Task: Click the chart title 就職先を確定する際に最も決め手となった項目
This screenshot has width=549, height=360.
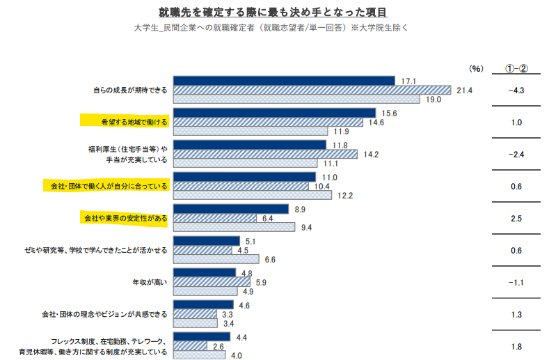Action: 273,12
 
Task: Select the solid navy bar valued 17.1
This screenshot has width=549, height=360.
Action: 283,81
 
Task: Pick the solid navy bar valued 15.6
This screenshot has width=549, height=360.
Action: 274,113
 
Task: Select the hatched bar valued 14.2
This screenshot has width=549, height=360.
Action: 265,154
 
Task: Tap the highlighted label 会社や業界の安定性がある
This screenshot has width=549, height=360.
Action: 125,218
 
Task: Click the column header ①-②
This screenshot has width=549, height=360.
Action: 516,68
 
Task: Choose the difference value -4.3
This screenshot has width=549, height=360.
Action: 516,91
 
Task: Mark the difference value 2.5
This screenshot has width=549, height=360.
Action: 516,219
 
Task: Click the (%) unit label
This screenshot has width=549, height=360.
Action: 476,68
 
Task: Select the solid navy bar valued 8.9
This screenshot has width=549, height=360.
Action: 230,209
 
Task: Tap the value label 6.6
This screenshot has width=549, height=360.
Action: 271,260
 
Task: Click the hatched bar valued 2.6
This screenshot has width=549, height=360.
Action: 190,346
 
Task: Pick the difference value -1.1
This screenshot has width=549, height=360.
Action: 516,282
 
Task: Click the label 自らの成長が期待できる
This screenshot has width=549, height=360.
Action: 131,90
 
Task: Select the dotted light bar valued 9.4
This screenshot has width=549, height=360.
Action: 234,227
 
